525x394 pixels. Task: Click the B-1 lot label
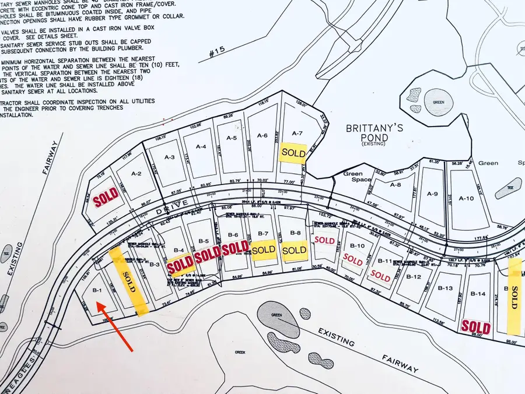[97, 290]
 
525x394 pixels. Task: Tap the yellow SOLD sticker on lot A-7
[293, 152]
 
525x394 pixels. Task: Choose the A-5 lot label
[231, 138]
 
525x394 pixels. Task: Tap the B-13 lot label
[445, 288]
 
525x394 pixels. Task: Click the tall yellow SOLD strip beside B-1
[129, 280]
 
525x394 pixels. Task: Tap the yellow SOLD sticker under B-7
[264, 249]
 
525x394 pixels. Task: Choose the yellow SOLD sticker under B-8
[293, 250]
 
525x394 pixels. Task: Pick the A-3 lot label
[170, 157]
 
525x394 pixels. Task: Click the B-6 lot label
[233, 235]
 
